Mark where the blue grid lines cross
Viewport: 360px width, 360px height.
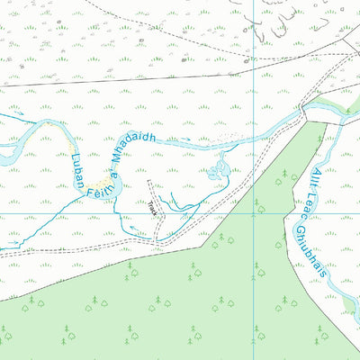[x=255, y=214]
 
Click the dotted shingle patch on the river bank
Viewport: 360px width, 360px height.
[x=225, y=139]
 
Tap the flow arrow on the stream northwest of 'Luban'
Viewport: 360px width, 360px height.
[x=16, y=115]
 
